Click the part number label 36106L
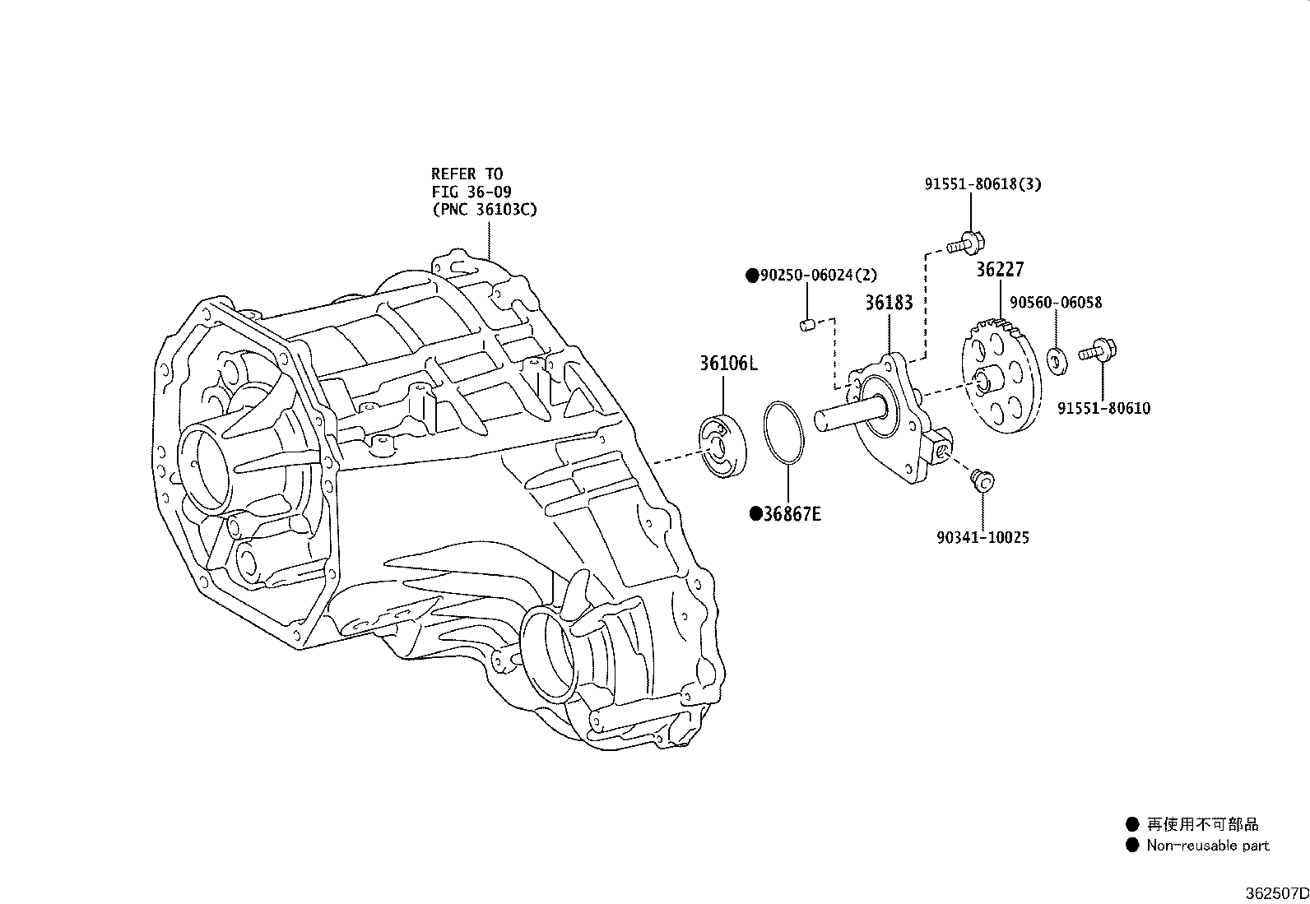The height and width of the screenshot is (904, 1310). coord(729,364)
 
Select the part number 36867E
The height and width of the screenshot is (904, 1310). coord(792,514)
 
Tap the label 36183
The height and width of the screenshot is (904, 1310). coord(889,303)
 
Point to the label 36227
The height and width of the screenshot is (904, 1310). coord(1000,269)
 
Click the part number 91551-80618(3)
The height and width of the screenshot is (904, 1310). coord(982,184)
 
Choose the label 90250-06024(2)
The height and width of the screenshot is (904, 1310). coord(819,275)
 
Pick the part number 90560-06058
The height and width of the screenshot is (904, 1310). coord(1056,303)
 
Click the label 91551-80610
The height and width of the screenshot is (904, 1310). coord(1103,408)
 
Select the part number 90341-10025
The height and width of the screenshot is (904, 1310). coord(982,537)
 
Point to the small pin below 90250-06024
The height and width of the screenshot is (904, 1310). coord(807,325)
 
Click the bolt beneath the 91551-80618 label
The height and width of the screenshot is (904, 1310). coord(966,243)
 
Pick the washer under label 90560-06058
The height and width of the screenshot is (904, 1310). coord(1057,361)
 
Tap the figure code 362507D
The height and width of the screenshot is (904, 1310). coord(1276,893)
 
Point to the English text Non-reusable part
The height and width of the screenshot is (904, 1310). coord(1208,845)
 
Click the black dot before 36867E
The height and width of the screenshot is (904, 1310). coord(756,514)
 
